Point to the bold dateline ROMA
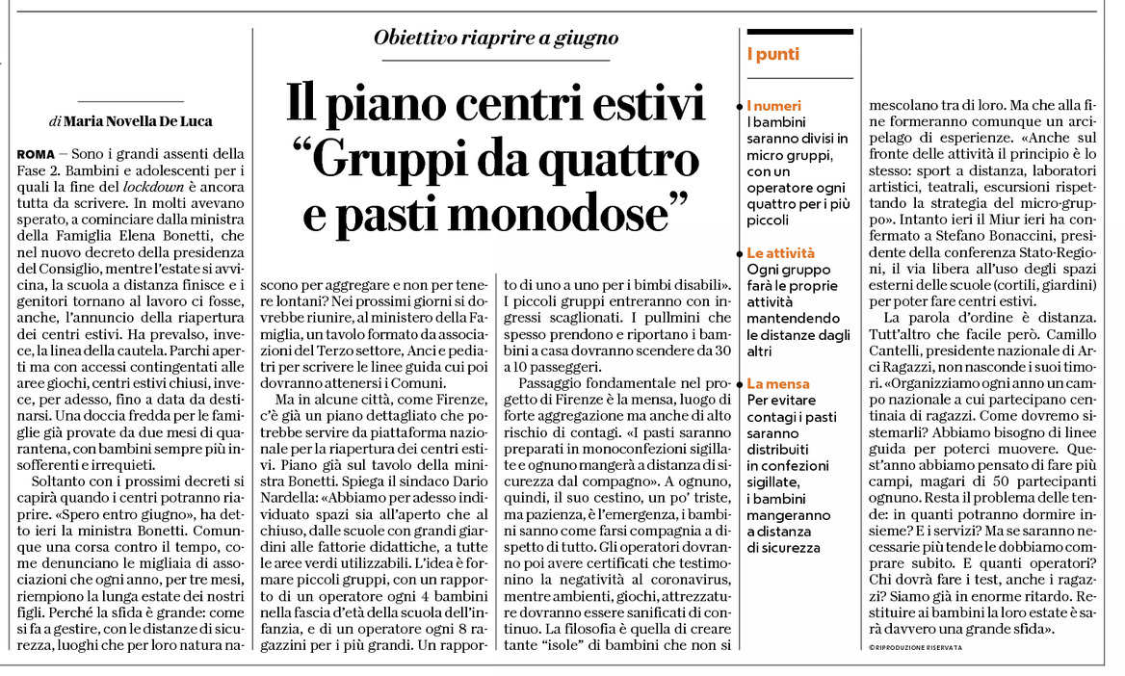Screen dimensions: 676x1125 [36, 155]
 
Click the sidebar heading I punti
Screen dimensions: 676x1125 [772, 55]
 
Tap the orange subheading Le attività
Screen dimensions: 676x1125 [780, 253]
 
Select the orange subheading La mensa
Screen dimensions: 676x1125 [778, 383]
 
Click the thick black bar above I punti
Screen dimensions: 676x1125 [799, 32]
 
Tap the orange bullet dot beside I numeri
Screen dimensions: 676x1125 [746, 105]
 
